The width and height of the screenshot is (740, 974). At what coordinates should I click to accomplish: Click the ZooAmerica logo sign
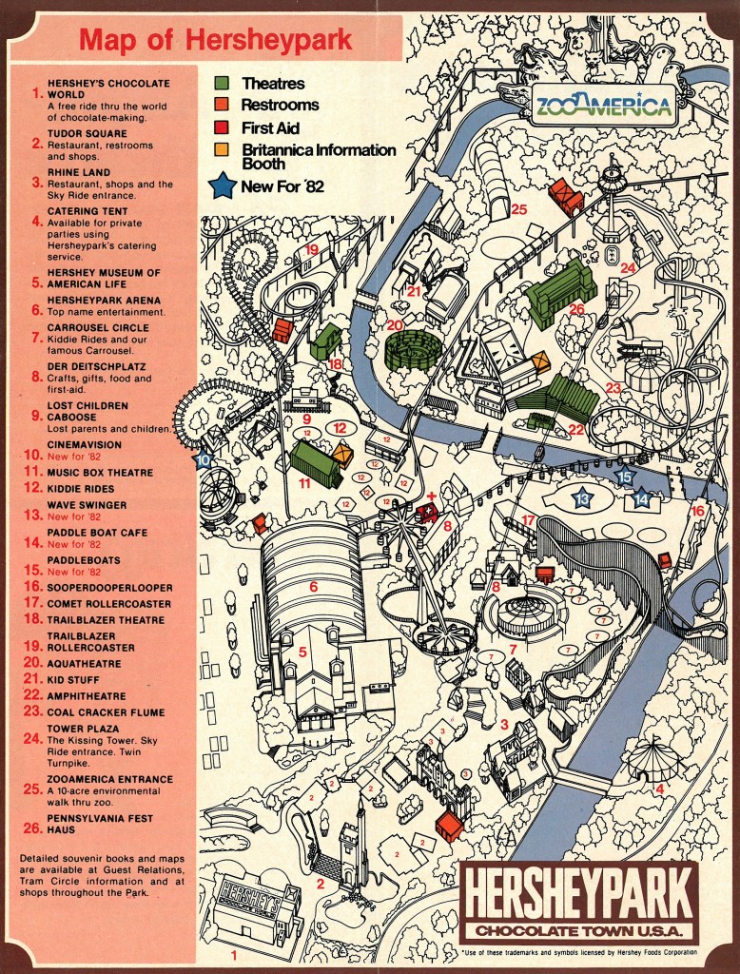pos(601,105)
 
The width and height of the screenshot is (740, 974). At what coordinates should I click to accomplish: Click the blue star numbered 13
pos(582,497)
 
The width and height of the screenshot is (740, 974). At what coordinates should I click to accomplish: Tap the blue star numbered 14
pos(641,497)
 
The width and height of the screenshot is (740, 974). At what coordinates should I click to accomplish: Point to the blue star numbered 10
pos(204,459)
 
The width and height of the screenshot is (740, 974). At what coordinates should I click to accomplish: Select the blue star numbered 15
pos(624,477)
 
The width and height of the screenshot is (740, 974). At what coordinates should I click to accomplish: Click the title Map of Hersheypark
pos(215,41)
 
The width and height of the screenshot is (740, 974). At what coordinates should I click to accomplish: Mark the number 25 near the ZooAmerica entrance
pos(518,209)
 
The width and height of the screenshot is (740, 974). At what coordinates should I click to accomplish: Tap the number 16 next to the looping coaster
pos(697,511)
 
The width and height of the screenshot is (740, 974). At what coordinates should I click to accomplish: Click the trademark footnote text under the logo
pos(578,951)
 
